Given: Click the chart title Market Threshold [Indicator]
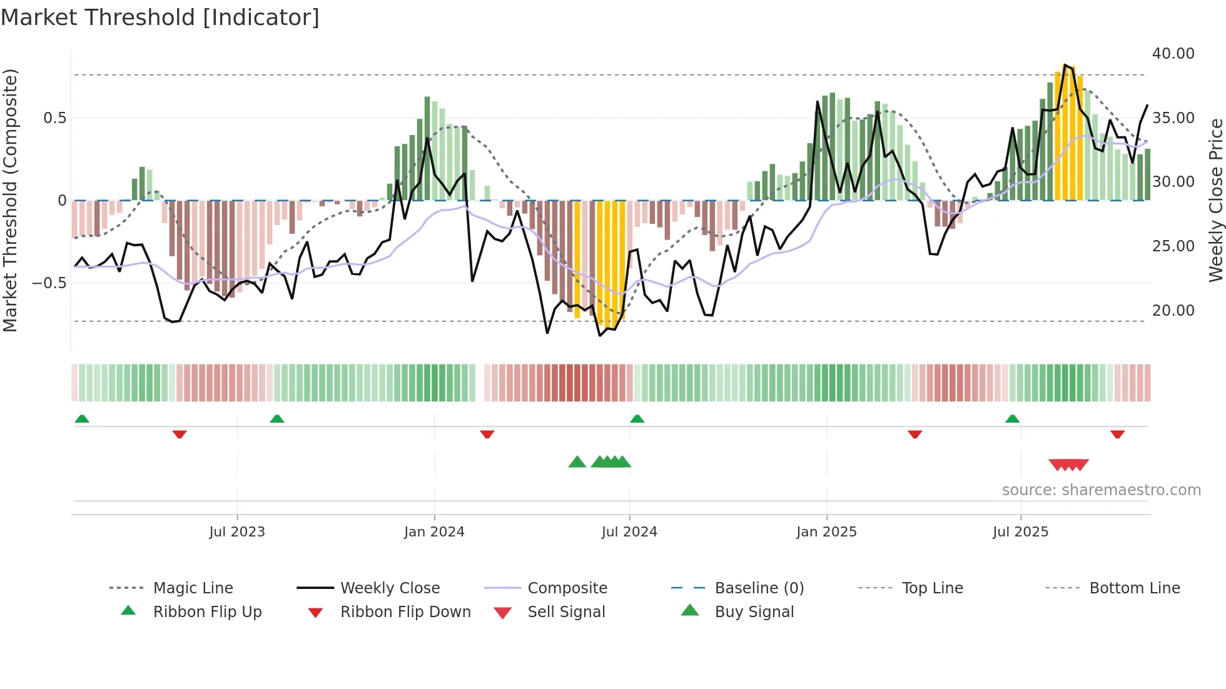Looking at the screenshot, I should (160, 18).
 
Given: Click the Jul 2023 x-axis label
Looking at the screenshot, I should (237, 531).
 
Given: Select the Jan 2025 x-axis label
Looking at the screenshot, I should (826, 531).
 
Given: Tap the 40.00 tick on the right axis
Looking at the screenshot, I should (1173, 54).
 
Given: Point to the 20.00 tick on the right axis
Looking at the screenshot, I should (1173, 310).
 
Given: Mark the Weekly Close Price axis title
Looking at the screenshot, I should (1215, 200).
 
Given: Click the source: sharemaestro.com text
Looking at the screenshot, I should (1101, 490).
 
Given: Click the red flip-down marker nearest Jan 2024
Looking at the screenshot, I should (487, 434).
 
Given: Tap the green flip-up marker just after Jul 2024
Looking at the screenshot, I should (637, 418).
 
